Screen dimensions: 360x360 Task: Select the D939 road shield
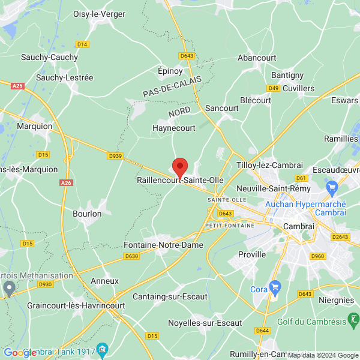point(115,156)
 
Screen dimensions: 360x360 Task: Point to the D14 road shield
point(82,44)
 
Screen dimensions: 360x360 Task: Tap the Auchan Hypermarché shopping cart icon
point(332,188)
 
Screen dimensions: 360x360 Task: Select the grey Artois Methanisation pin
point(8,289)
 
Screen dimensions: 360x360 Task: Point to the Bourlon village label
point(87,214)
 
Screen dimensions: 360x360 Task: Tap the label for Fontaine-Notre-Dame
point(163,245)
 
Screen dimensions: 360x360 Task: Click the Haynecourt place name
point(174,128)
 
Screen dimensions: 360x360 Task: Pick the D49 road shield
point(274,88)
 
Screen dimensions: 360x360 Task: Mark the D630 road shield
point(131,256)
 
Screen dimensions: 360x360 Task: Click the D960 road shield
point(319,256)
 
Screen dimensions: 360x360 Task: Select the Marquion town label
point(35,127)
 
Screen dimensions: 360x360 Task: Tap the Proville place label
point(252,254)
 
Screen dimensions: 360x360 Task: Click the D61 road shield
point(302,178)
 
